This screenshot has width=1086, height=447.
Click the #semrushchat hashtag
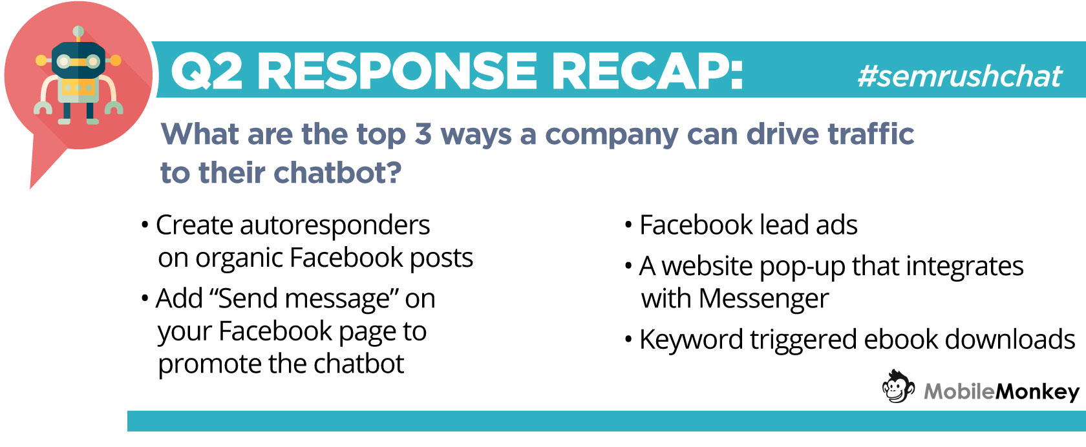click(959, 76)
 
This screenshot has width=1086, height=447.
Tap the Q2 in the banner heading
click(207, 72)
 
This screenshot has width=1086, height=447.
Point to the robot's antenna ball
click(78, 32)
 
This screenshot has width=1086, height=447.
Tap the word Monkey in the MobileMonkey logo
click(1037, 392)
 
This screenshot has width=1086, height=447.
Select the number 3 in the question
click(423, 134)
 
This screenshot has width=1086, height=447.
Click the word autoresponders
click(335, 225)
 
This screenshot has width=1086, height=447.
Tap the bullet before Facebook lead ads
click(628, 225)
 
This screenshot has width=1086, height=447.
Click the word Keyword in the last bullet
click(691, 340)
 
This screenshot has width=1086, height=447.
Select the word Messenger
click(763, 299)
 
